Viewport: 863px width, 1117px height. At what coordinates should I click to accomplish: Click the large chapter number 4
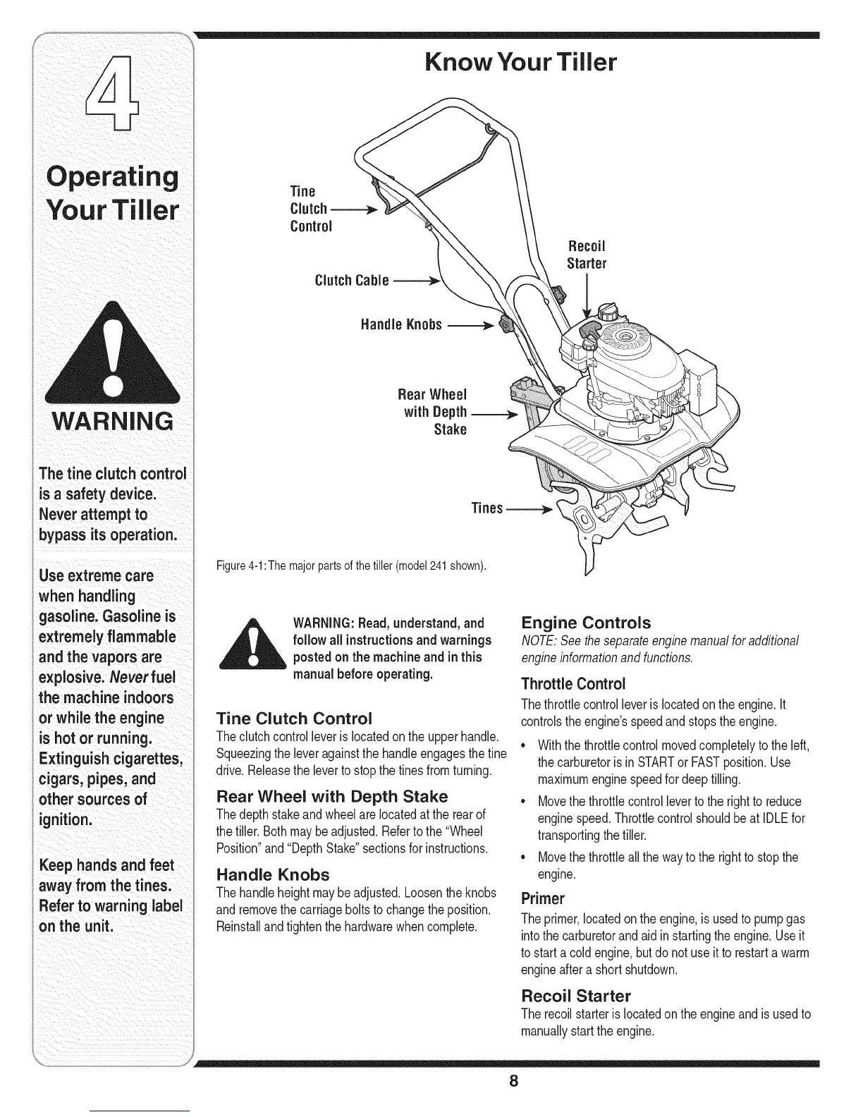(112, 96)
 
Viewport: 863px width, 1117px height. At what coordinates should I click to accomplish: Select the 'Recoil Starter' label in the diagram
(586, 255)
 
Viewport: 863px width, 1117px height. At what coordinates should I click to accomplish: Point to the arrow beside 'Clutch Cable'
(416, 281)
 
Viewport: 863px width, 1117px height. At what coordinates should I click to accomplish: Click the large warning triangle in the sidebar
(111, 350)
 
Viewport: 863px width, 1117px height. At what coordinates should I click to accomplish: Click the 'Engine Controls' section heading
(585, 623)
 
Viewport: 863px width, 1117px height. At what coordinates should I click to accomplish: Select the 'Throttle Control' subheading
(573, 684)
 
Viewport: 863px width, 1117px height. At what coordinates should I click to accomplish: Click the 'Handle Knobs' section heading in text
(273, 874)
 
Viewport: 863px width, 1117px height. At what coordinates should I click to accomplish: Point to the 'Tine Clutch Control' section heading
(294, 719)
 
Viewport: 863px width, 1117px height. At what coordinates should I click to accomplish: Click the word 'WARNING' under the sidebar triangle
(111, 421)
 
